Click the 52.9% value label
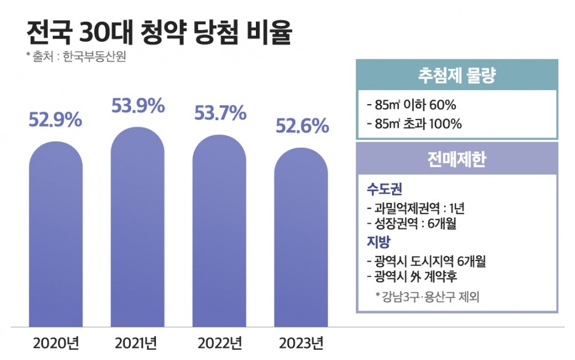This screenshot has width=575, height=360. point(55,121)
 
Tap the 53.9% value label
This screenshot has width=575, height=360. point(137,106)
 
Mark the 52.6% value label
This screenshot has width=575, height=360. point(302,125)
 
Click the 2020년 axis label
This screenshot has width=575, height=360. point(55,344)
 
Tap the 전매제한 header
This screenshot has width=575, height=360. point(457,159)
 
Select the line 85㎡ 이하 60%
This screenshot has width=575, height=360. point(411,106)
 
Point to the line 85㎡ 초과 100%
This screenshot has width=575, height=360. point(413,124)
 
